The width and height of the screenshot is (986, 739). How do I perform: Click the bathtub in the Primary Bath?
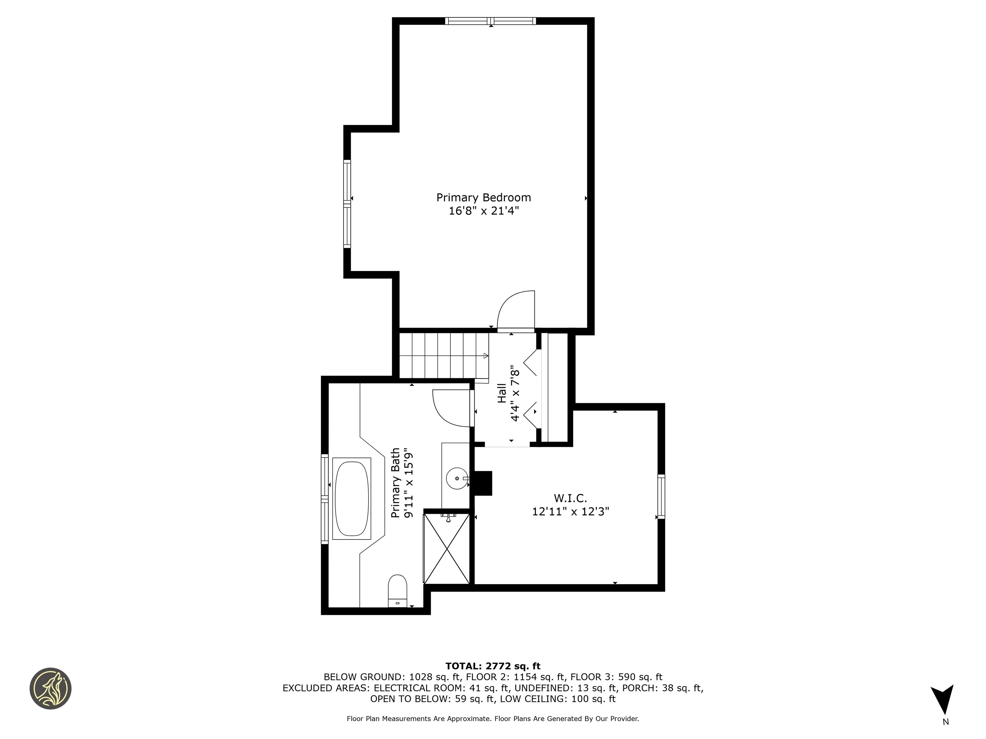click(352, 498)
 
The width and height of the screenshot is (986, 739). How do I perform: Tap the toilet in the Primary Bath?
click(398, 590)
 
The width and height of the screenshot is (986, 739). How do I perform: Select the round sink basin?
click(457, 478)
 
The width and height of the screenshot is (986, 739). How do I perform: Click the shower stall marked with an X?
click(446, 548)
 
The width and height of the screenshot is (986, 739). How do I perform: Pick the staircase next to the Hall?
click(444, 355)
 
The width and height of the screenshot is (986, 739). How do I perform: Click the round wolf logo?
click(50, 688)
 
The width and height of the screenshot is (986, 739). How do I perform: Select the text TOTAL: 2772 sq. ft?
click(493, 666)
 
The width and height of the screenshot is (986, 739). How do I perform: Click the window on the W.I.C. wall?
click(661, 496)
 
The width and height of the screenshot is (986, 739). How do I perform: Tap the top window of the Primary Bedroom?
click(490, 21)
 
